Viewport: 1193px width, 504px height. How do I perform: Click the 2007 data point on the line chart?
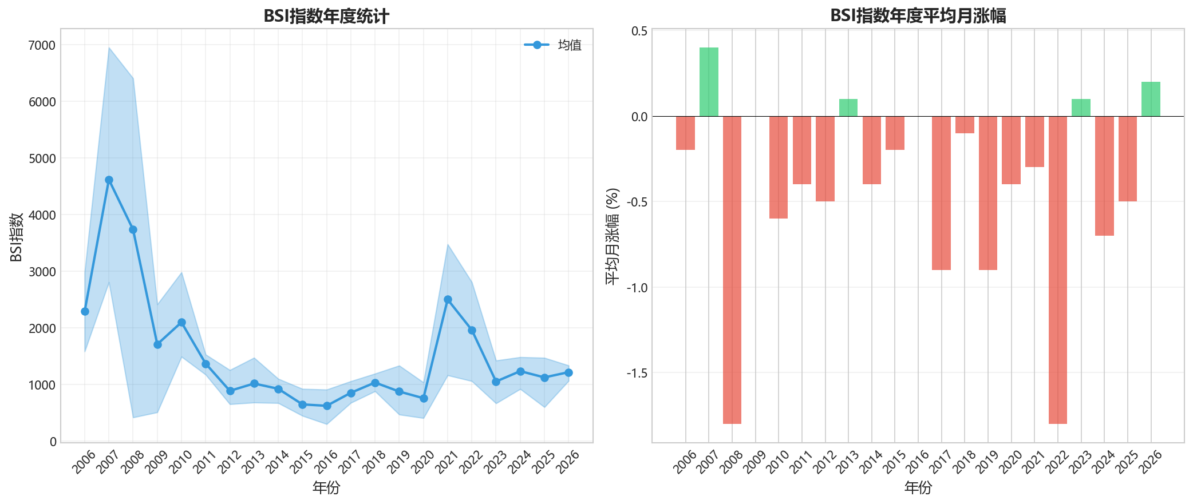click(x=109, y=180)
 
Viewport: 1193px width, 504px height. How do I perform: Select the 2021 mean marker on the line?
click(x=448, y=299)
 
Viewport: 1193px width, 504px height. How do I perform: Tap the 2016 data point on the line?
click(x=327, y=406)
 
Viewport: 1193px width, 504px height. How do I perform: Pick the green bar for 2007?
click(x=709, y=82)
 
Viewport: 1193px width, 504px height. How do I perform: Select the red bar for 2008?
click(x=732, y=269)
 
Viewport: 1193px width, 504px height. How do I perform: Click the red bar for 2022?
click(x=1058, y=269)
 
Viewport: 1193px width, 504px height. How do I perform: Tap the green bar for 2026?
click(x=1151, y=99)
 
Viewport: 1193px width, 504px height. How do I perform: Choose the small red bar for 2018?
click(x=965, y=125)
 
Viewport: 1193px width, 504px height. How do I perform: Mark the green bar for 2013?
click(x=848, y=108)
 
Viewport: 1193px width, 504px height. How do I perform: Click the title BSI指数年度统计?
click(x=326, y=17)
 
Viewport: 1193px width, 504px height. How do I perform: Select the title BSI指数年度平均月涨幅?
click(x=918, y=16)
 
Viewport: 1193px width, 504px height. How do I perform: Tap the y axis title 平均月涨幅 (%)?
click(x=612, y=236)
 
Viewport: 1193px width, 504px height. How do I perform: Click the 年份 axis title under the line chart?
click(x=326, y=487)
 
